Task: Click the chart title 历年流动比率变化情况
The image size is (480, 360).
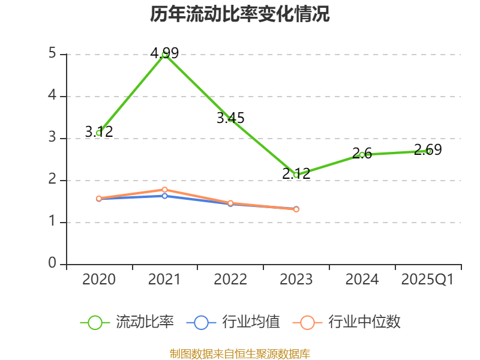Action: click(240, 14)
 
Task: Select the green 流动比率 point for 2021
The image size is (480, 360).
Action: click(164, 54)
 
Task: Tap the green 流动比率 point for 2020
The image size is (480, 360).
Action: click(99, 133)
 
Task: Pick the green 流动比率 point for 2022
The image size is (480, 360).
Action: click(230, 119)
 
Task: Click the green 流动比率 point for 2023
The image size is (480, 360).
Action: click(296, 175)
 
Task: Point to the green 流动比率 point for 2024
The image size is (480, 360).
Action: click(362, 155)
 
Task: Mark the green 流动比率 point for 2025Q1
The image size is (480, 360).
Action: click(428, 151)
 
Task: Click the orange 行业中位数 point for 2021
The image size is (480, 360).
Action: click(164, 190)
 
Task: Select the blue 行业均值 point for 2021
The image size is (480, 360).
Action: click(164, 196)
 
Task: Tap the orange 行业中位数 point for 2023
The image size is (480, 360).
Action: click(296, 209)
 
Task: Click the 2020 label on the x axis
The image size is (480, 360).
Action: click(99, 280)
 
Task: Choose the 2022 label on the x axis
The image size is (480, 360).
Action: click(230, 280)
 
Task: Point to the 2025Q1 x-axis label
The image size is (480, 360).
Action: click(428, 280)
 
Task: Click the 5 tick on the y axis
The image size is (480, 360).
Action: click(53, 54)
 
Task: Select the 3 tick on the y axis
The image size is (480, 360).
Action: click(53, 138)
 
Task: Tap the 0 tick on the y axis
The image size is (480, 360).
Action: click(53, 264)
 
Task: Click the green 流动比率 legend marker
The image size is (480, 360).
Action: click(95, 322)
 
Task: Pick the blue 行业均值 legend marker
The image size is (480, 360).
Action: click(201, 322)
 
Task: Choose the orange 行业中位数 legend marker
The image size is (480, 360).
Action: click(307, 322)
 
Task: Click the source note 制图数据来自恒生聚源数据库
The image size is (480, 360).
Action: click(240, 353)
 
